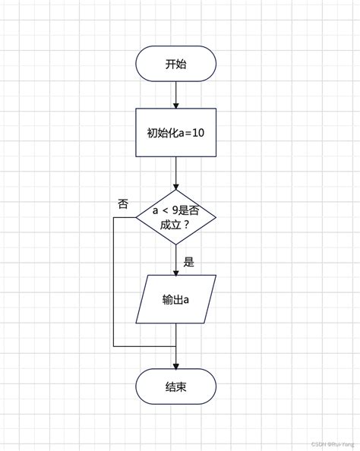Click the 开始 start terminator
pyautogui.click(x=175, y=65)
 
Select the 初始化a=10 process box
pyautogui.click(x=175, y=133)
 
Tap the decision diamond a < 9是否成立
pyautogui.click(x=175, y=217)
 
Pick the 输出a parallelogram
pyautogui.click(x=175, y=299)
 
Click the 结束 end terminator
pyautogui.click(x=175, y=387)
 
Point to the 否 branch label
pyautogui.click(x=123, y=203)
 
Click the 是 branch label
pyautogui.click(x=189, y=262)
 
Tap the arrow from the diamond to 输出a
pyautogui.click(x=175, y=260)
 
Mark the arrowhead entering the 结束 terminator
pyautogui.click(x=175, y=365)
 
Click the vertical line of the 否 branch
pyautogui.click(x=114, y=281)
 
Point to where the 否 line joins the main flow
pyautogui.click(x=175, y=345)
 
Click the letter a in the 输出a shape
pyautogui.click(x=185, y=299)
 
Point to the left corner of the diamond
pyautogui.click(x=137, y=217)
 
